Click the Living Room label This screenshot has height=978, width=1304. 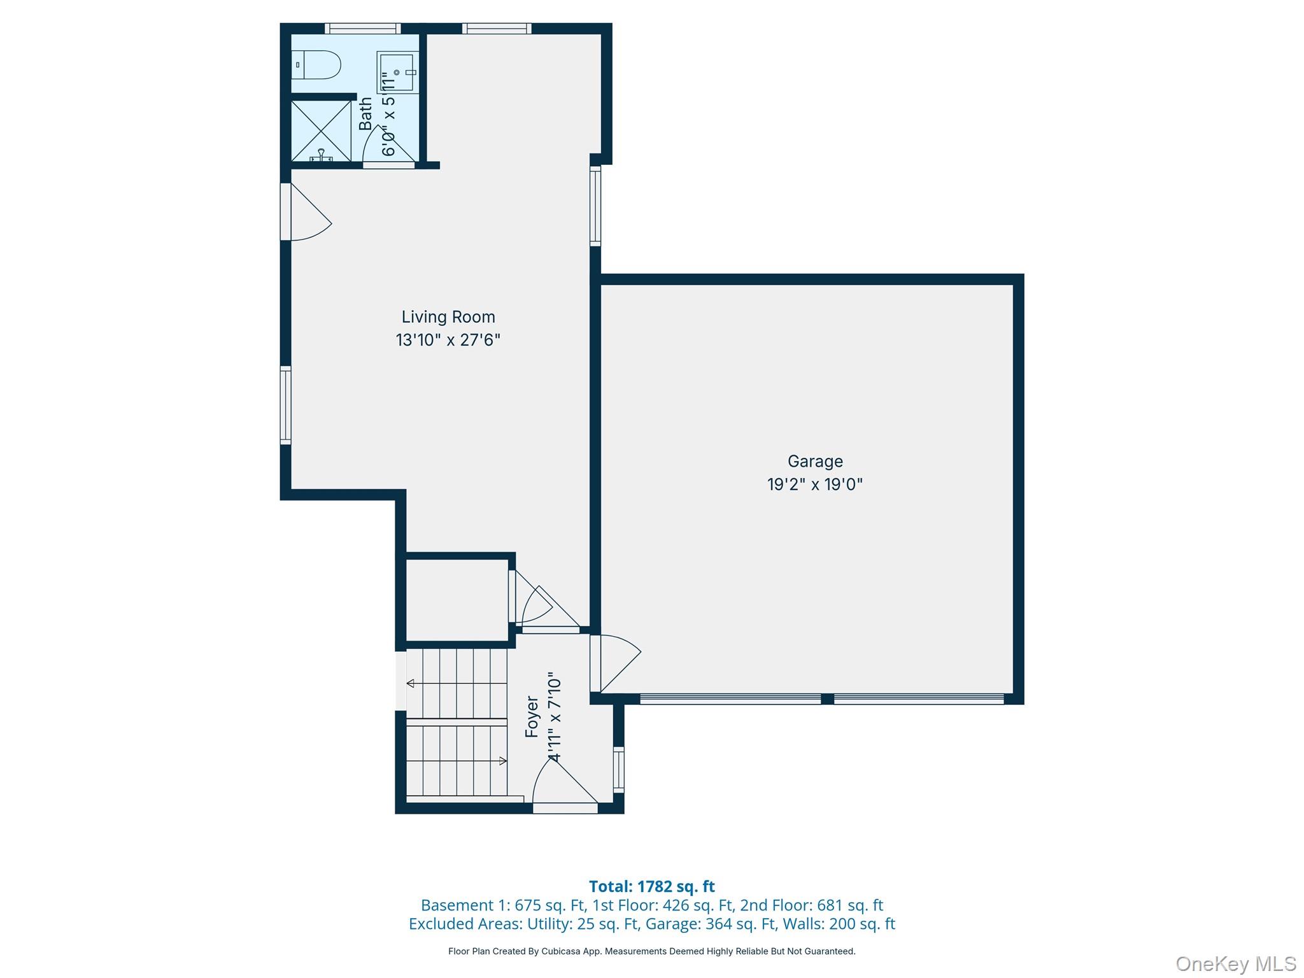click(448, 317)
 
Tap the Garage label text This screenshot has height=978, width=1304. click(815, 462)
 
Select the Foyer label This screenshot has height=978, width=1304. click(532, 717)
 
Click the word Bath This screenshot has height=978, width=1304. click(365, 113)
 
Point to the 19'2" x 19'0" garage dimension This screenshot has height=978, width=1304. click(815, 485)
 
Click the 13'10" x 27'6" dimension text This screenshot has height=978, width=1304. click(448, 340)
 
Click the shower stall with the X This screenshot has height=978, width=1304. click(321, 131)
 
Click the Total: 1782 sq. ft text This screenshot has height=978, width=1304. click(652, 886)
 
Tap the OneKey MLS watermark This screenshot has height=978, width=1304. click(1236, 964)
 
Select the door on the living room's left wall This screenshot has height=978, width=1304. click(306, 212)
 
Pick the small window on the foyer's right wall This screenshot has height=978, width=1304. click(618, 769)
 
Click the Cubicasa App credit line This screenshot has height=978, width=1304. click(652, 951)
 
